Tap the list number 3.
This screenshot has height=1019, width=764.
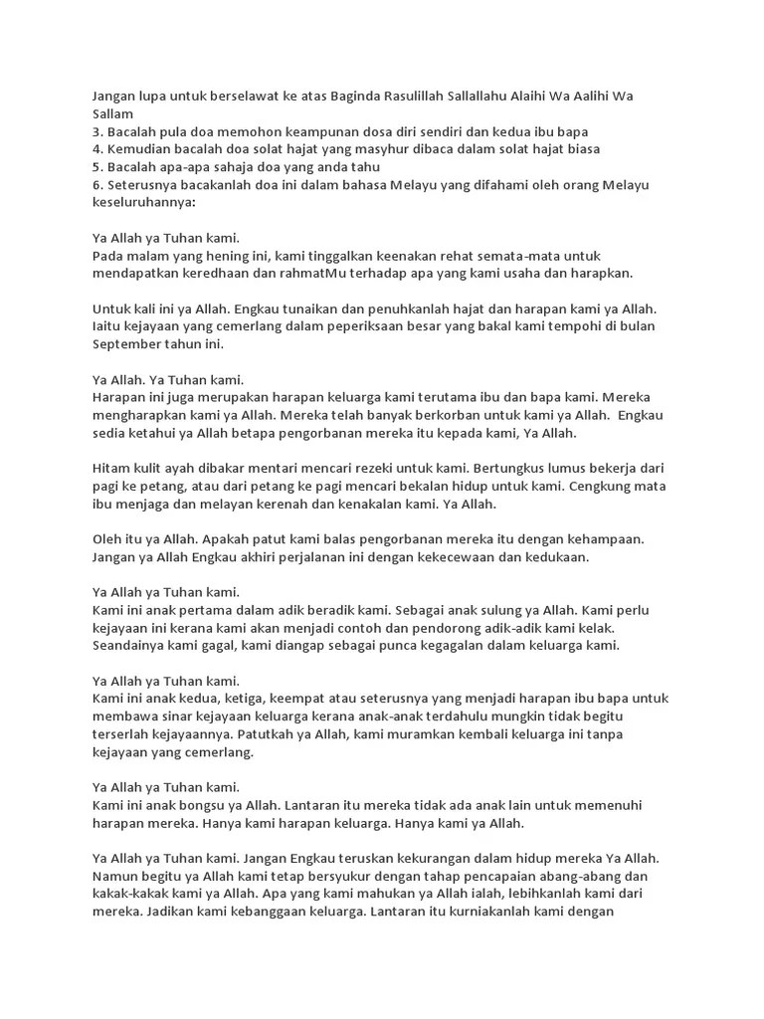tap(96, 131)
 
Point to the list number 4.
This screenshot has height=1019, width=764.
tap(96, 149)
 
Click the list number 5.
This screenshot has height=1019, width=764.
tap(96, 166)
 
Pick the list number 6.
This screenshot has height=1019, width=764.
tap(96, 184)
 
